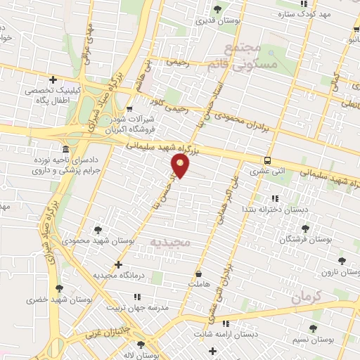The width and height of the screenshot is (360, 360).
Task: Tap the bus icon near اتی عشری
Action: point(268,160)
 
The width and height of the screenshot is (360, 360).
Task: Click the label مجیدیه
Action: point(171,242)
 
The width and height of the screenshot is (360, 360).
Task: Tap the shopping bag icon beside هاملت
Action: point(199,274)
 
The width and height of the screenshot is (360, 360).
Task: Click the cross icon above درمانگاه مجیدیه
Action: point(117,264)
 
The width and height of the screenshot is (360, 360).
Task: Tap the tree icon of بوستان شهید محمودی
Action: point(98,229)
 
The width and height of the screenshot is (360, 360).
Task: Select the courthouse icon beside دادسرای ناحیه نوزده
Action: point(65,149)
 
